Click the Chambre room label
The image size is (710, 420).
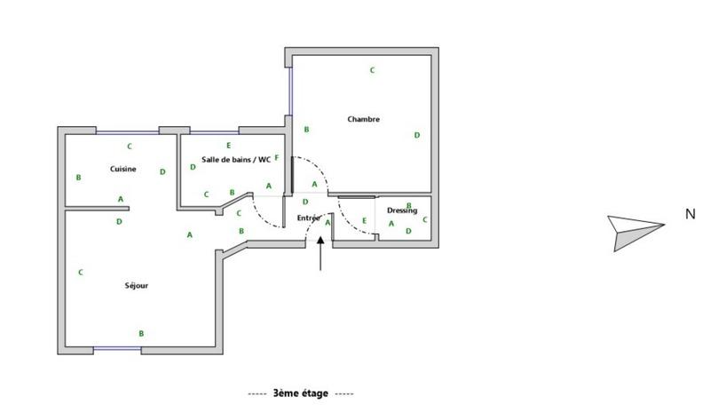coord(364,120)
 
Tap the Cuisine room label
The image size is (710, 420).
coord(122,169)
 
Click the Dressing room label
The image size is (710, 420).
coord(402,210)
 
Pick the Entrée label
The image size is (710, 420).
coord(308,218)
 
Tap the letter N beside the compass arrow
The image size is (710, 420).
coord(690,214)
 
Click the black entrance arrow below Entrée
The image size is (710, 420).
coord(320,254)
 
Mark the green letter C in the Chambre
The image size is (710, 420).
coord(373,70)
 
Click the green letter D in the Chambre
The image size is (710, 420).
coord(417,135)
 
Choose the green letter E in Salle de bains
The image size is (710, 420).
coord(229,146)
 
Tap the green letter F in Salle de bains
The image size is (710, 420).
coord(277,158)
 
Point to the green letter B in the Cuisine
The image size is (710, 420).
coord(79,178)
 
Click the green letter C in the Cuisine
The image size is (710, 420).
coord(130,147)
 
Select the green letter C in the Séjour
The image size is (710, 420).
coord(81,273)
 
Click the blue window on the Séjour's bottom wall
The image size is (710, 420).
coord(117,350)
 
